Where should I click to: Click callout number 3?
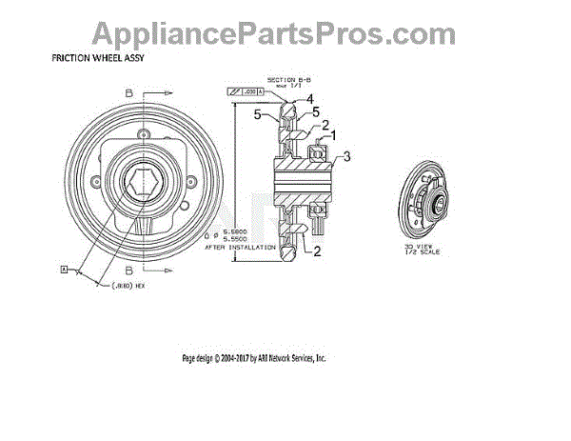click(x=347, y=156)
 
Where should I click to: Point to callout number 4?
click(x=309, y=98)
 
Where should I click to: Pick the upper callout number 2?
click(x=325, y=124)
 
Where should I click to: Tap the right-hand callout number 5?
click(x=316, y=111)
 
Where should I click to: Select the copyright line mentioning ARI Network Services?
click(x=254, y=358)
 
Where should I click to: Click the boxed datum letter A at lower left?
click(x=65, y=271)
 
